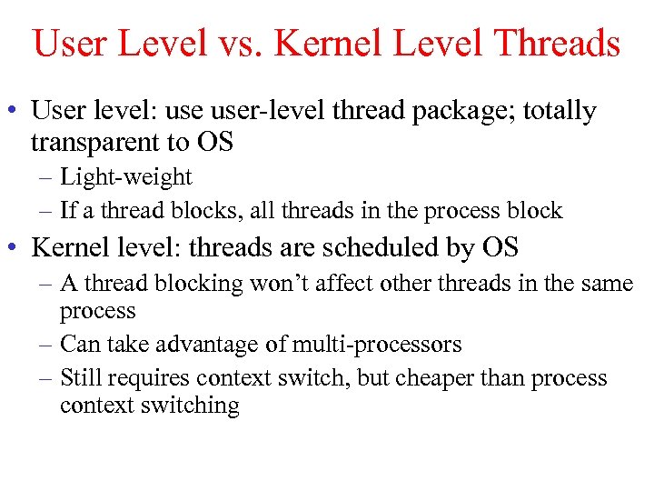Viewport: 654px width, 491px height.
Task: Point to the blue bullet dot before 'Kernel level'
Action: coord(17,247)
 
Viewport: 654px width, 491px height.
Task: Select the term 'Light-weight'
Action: coord(126,177)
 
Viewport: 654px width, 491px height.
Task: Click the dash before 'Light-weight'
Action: coord(46,178)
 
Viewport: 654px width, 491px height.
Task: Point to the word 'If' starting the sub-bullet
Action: coord(67,211)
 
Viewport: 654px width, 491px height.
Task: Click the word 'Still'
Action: coord(80,377)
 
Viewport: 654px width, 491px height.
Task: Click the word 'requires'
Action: coord(148,378)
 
